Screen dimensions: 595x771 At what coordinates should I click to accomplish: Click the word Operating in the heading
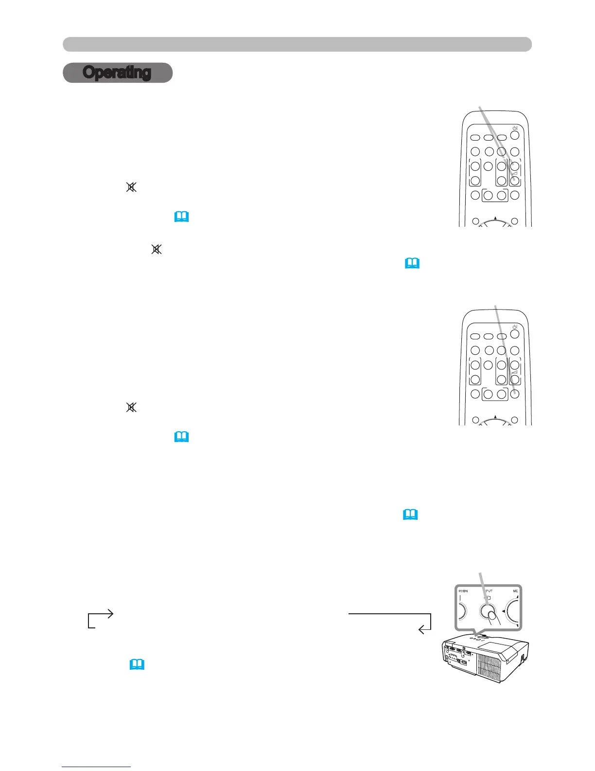[x=117, y=73]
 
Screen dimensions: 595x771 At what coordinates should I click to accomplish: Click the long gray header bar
[x=297, y=44]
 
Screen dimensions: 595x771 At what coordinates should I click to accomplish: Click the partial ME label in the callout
[x=515, y=591]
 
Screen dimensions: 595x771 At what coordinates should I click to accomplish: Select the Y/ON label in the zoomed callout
[x=463, y=591]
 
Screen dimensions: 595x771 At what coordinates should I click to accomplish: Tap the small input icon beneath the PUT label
[x=488, y=597]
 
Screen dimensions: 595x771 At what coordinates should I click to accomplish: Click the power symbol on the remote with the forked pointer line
[x=515, y=128]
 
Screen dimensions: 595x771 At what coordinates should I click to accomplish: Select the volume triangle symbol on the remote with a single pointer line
[x=515, y=372]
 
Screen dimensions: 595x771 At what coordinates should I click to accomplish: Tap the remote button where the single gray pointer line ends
[x=515, y=394]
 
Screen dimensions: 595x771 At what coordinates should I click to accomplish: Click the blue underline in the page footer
[x=96, y=767]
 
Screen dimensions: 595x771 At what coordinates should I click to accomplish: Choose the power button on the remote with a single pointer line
[x=515, y=335]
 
